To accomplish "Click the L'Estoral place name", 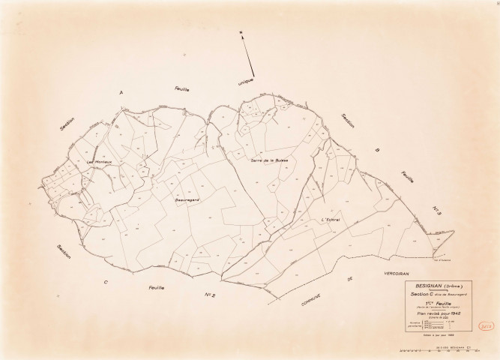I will click(x=330, y=219).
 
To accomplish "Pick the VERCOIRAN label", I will click(x=397, y=273).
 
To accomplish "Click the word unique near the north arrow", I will click(x=246, y=82).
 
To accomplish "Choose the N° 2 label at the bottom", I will click(x=211, y=296).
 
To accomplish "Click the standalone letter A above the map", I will click(x=120, y=92).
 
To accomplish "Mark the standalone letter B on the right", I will click(x=378, y=150).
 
